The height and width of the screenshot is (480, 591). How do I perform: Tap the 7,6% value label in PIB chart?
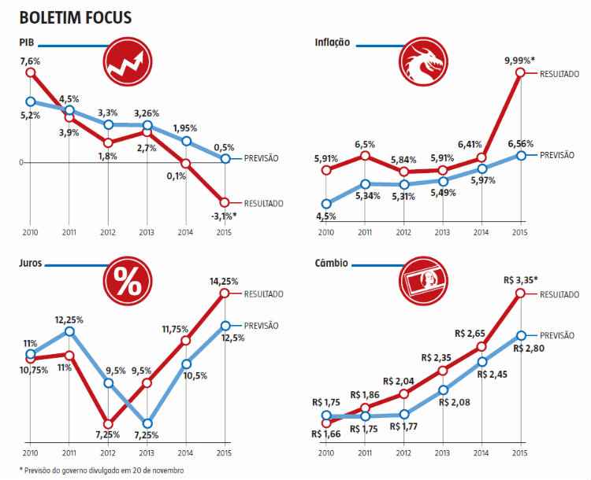coord(29,60)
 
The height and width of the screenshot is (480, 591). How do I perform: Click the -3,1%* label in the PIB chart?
coord(224,217)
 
